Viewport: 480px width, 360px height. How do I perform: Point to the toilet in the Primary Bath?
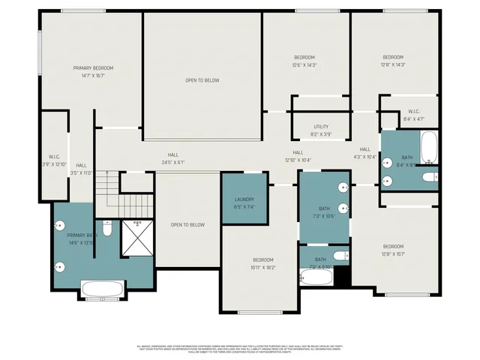tap(107, 229)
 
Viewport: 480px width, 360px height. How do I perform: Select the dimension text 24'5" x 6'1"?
tap(172, 162)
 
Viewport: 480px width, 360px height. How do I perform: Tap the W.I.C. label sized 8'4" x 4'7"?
tap(414, 115)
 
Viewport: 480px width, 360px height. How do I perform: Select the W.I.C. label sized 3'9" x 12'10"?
tap(54, 160)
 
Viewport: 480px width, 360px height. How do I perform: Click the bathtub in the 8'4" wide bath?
tap(428, 148)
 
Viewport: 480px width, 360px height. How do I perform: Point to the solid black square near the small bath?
tap(342, 275)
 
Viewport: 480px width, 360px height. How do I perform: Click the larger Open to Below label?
tap(202, 79)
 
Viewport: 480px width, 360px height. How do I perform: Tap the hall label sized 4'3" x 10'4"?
tap(365, 153)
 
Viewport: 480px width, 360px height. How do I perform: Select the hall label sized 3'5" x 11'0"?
tap(81, 169)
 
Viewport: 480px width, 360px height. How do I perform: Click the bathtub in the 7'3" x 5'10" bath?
tap(315, 277)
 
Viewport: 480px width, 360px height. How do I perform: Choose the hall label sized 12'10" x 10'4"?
tap(298, 156)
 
